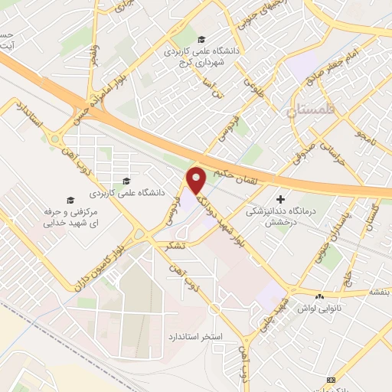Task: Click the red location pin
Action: (x=197, y=180)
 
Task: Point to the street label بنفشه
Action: (x=381, y=292)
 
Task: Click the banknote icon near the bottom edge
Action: (x=331, y=381)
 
